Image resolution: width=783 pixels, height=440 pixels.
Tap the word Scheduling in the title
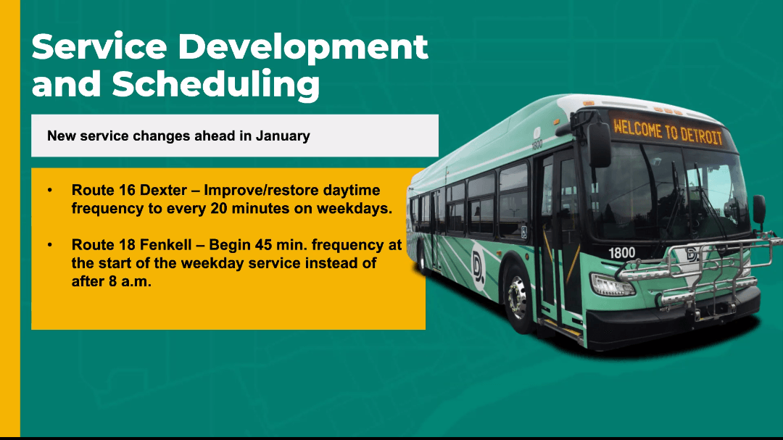tap(216, 84)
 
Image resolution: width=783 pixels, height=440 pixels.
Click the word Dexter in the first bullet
tap(163, 191)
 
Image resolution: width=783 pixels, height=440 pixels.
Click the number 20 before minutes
tap(219, 208)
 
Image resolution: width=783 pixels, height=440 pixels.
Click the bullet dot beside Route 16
tap(50, 191)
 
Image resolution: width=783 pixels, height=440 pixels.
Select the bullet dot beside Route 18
tap(50, 245)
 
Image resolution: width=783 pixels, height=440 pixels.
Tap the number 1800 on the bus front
tap(622, 253)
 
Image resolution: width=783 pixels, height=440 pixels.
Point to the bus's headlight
tap(612, 285)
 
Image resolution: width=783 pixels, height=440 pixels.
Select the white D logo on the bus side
tap(478, 265)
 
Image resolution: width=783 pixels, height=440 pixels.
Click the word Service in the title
tap(99, 47)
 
